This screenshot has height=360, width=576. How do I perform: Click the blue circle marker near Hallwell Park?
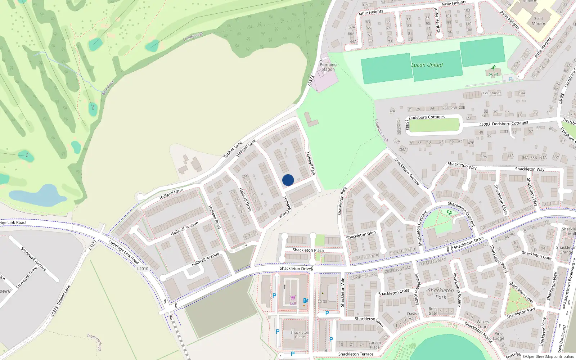pos(288,180)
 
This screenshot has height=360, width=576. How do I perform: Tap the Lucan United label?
pos(427,65)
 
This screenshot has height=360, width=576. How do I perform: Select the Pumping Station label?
pos(328,67)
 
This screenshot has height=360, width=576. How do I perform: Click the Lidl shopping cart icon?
pos(293,298)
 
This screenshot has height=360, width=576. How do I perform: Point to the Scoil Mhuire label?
pos(538,21)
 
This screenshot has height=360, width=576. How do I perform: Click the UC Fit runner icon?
pos(493,68)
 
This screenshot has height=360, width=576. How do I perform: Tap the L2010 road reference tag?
pos(143,269)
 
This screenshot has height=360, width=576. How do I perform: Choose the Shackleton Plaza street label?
pos(308,250)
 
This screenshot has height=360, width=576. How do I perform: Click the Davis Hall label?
pos(412,316)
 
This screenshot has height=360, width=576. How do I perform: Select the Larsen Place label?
pos(375,345)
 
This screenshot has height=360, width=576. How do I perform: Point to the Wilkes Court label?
pos(483,324)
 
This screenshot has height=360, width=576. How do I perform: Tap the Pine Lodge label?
pos(499,336)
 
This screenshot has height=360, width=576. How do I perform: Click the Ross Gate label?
pos(433,311)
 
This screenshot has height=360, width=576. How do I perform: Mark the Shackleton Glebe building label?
pos(300,335)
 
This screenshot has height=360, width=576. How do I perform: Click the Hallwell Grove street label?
pos(286,207)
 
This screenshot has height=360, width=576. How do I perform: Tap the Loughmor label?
pos(492,93)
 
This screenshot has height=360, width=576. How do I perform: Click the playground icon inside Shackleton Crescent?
pos(449,212)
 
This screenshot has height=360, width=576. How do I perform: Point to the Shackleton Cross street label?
pos(394,292)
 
